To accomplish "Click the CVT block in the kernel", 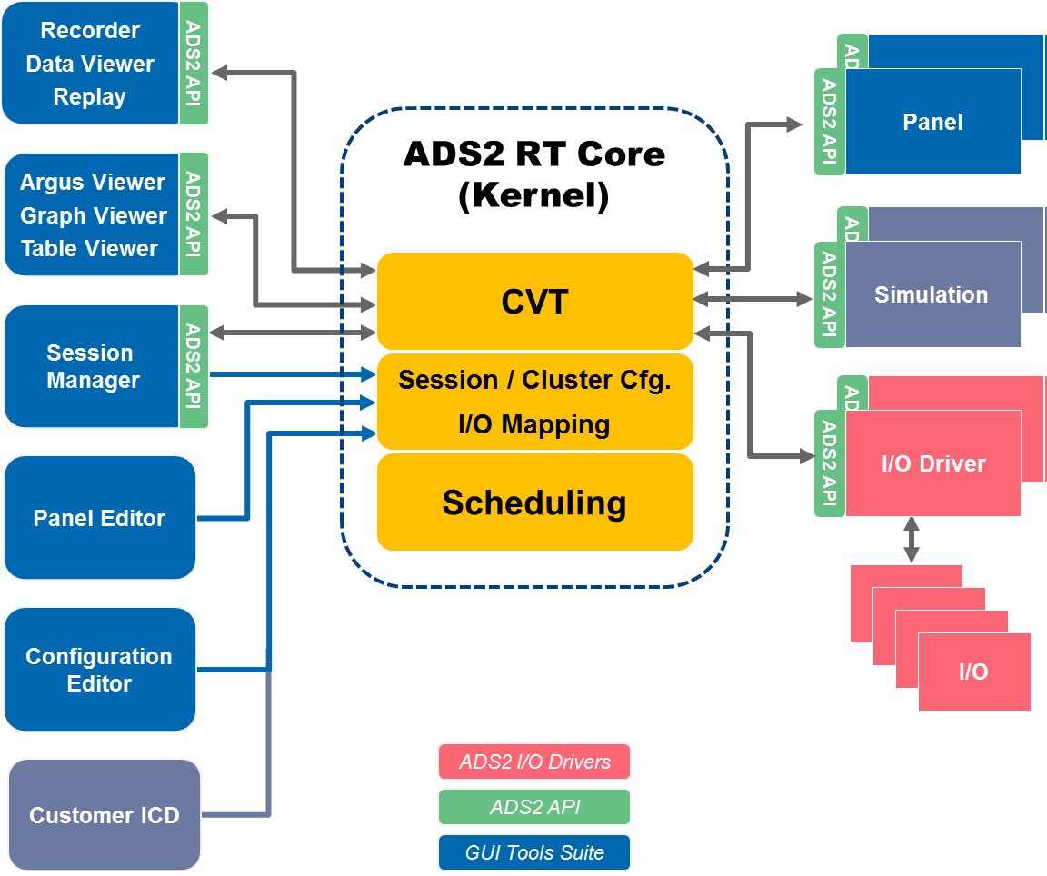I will (x=535, y=302).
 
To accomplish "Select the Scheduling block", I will (x=534, y=503).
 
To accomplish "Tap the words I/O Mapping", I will (x=534, y=424).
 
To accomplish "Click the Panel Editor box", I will (x=99, y=518).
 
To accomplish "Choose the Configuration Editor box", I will (x=99, y=670).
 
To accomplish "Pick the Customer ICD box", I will (x=104, y=815).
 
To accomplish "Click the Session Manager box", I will (x=92, y=366).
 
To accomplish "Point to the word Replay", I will (x=89, y=97).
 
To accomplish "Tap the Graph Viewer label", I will (x=94, y=215).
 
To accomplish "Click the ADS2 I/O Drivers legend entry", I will (x=534, y=762).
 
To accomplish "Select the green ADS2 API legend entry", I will (x=534, y=807).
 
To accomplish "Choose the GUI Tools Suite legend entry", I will (x=534, y=852).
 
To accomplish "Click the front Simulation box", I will (x=932, y=294).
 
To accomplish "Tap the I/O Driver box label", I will (x=933, y=463).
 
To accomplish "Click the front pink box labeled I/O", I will (x=974, y=672).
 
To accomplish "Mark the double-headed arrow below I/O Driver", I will (x=912, y=541).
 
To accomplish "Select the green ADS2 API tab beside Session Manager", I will (x=193, y=366).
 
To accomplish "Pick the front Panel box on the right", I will (x=932, y=122).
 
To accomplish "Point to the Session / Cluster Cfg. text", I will (x=534, y=380).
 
